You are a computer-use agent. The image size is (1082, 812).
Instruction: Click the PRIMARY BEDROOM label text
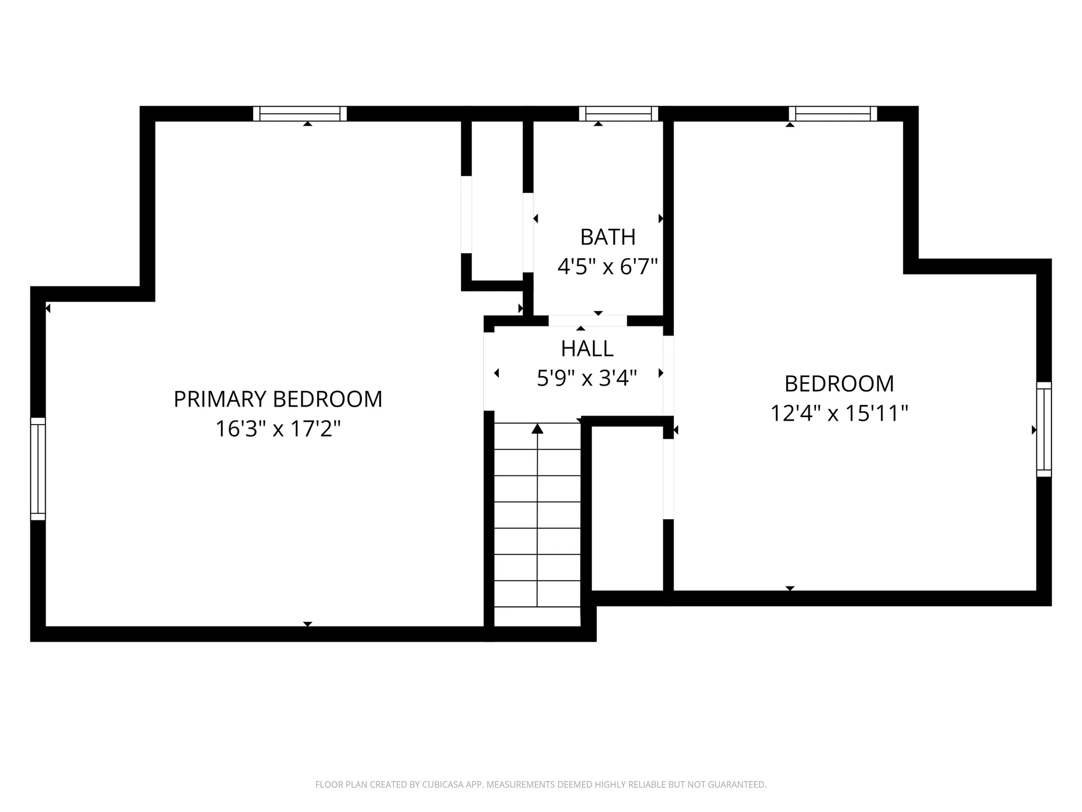tap(278, 399)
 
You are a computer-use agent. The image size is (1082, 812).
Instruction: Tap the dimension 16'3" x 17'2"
tap(278, 429)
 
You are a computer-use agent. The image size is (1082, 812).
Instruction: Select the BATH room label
tap(607, 237)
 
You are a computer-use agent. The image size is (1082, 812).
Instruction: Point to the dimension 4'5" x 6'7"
tap(607, 266)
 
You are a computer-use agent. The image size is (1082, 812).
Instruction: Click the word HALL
tap(587, 349)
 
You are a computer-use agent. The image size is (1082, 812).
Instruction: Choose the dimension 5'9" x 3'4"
tap(587, 378)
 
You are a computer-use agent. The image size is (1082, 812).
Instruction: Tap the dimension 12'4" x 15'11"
tap(839, 413)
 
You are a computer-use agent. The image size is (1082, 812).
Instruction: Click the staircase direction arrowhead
tap(537, 429)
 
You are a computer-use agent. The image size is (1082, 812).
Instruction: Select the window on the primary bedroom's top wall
tap(300, 114)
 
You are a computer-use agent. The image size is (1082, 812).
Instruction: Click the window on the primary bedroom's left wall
tap(38, 469)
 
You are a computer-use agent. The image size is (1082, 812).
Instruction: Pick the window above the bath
tap(618, 114)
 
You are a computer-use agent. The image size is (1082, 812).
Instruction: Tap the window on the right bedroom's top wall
tap(833, 114)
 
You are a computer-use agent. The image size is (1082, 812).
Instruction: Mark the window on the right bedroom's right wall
tap(1044, 429)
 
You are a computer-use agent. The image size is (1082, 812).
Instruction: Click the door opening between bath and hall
tap(587, 321)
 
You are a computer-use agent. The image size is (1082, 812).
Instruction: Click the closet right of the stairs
tap(627, 507)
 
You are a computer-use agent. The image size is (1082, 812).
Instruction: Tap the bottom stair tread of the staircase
tap(537, 616)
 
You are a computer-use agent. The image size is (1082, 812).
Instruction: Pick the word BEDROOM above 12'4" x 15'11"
tap(839, 384)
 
